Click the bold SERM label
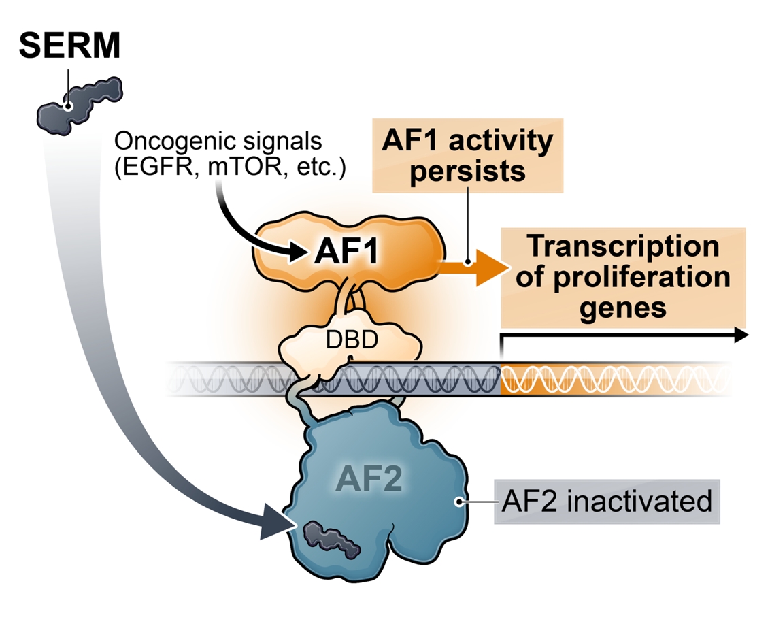tap(70, 46)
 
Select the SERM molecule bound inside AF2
tap(330, 540)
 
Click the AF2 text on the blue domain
tap(368, 480)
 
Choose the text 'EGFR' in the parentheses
tap(151, 167)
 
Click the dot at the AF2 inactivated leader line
tap(460, 502)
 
